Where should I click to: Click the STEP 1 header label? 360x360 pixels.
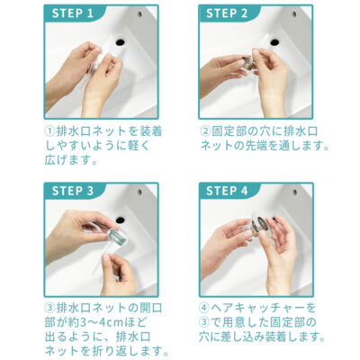point(72,13)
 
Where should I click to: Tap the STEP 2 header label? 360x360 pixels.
point(227,13)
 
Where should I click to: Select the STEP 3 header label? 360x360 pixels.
point(72,191)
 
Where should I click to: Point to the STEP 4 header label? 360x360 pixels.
point(227,191)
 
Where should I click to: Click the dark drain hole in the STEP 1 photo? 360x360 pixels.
point(120,41)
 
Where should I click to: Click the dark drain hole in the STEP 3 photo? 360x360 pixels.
point(120,220)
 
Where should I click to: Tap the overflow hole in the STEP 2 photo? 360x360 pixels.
point(294,13)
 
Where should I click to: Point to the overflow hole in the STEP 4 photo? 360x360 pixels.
point(295,192)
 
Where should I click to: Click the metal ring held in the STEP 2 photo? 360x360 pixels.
point(249,62)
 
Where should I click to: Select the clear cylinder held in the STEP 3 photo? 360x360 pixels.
point(118,237)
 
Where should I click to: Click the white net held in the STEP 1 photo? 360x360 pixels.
point(102,58)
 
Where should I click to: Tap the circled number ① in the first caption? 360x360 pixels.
point(49,131)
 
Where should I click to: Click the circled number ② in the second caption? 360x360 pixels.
point(204,131)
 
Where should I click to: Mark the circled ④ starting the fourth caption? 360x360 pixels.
point(204,308)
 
